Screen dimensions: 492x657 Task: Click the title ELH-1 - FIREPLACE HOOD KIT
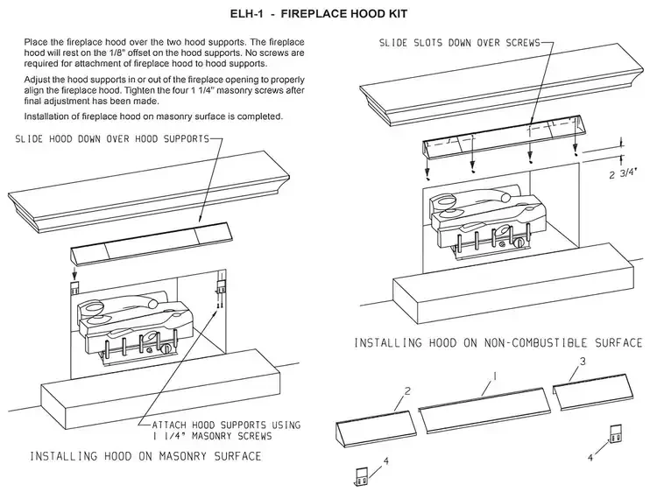(328, 16)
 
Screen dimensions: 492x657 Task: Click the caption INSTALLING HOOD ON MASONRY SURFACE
(145, 456)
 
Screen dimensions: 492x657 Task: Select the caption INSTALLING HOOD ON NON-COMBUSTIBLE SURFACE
(498, 342)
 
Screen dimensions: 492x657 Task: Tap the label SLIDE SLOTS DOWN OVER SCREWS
(460, 42)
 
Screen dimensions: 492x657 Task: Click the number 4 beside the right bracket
(589, 456)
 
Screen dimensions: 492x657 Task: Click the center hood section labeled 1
(485, 408)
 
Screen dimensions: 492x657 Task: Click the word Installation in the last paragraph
(52, 116)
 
